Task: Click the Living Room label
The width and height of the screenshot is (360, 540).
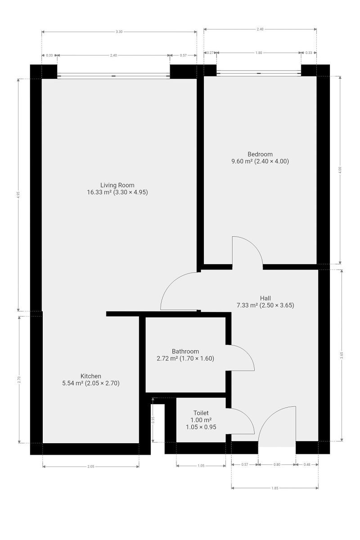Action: coord(117,185)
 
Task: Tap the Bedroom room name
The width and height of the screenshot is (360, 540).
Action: coord(260,154)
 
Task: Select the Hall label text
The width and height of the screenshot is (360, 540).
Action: coord(265,298)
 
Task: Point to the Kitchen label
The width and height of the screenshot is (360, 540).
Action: coord(90,376)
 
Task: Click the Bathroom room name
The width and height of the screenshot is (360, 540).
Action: coord(185,351)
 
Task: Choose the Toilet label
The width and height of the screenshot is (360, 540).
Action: coord(201,413)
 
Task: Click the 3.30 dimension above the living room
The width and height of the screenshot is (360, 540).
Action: coord(119,31)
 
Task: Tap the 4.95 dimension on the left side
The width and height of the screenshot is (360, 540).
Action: coord(18,195)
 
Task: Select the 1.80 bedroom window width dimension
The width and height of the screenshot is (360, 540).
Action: coord(258,53)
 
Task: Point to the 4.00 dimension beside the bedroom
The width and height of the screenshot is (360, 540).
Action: coord(340,170)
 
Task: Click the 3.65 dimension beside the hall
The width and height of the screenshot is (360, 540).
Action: coord(342,355)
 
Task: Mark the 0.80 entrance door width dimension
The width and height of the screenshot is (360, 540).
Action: coord(277,464)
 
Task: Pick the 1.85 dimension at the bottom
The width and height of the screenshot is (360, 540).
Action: coord(274,488)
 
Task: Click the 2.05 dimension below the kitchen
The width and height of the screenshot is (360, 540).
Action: coord(90,467)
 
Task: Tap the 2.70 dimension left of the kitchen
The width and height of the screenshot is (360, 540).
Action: coord(19,379)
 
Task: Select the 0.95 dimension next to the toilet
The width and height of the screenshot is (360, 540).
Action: coord(153,420)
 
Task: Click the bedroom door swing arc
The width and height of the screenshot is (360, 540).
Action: coord(254,245)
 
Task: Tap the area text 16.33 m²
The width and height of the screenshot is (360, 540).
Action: coord(99,192)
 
